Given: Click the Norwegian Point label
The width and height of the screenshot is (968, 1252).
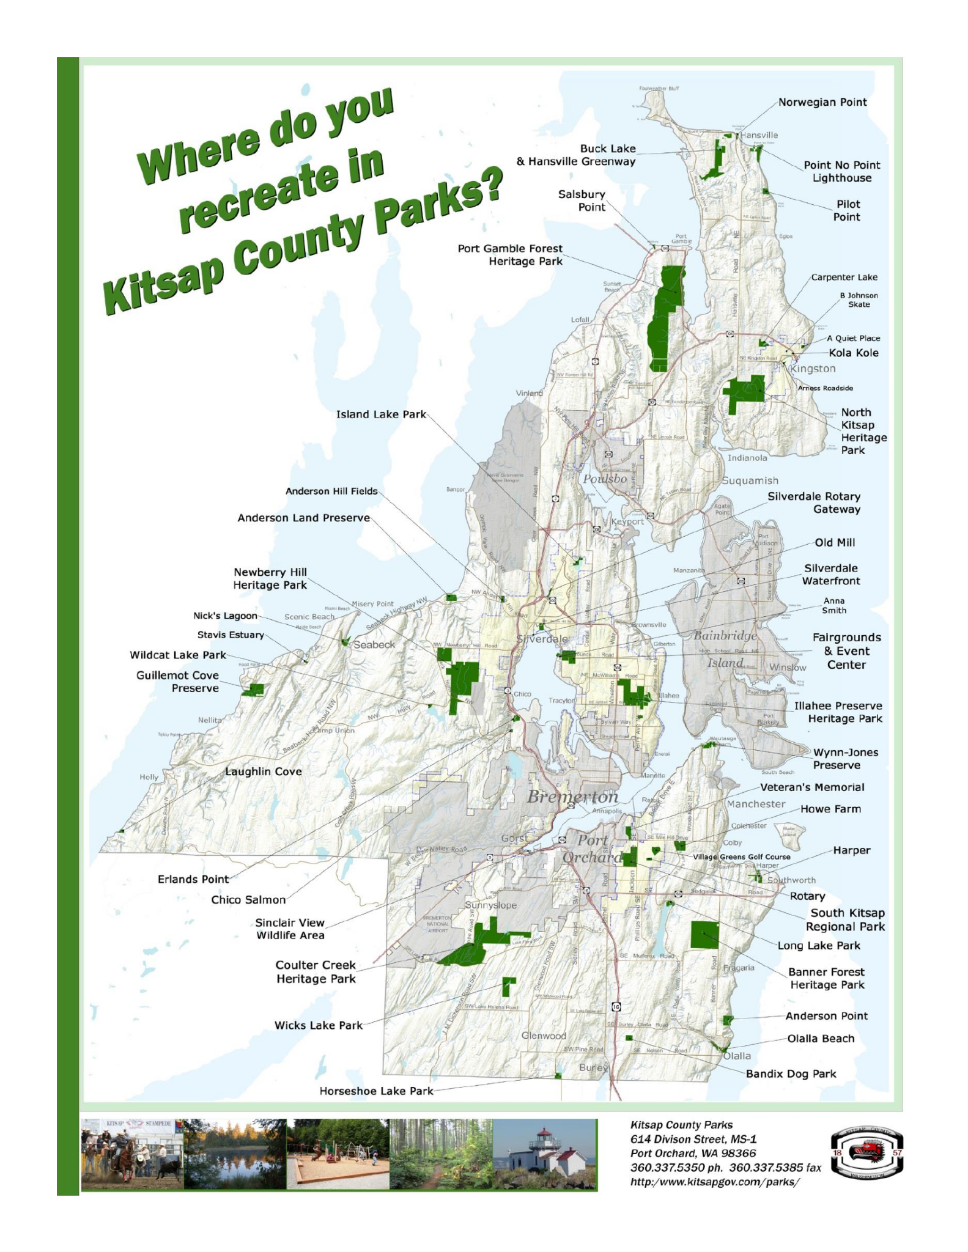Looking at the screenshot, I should coord(822,102).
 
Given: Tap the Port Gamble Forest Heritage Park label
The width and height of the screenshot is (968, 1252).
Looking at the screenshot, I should coord(510,255).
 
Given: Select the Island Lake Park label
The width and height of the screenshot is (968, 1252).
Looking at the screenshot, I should coord(380,414).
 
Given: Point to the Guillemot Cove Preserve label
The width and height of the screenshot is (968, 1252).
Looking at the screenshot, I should coord(177,682).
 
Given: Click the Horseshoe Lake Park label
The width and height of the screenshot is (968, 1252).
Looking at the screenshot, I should coord(375,1091).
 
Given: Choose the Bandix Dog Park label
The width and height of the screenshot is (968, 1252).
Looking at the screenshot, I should coord(790,1074).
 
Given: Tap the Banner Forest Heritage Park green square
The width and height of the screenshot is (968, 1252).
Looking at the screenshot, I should coord(704,935).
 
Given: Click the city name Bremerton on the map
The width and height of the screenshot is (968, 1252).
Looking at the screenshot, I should coord(572,797).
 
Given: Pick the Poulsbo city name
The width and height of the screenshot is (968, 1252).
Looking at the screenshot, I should coord(604,479).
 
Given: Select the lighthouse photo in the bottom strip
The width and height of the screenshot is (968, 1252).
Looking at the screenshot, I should coord(544,1154).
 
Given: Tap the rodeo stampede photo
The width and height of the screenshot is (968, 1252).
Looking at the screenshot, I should coord(131,1154).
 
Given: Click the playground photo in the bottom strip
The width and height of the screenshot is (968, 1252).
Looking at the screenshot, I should coord(338,1154).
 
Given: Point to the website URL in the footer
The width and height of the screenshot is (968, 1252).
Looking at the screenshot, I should coord(714,1182).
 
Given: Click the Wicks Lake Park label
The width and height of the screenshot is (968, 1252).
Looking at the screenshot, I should coord(318,1025).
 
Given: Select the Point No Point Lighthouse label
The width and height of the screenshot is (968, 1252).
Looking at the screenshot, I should coord(841,171).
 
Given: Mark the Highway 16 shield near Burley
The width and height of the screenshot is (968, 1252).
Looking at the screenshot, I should coord(616,1006).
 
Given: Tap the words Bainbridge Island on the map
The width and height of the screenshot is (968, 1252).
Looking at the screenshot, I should coord(725,649).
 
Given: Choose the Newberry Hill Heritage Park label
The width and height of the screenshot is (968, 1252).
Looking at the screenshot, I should coord(270,578).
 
